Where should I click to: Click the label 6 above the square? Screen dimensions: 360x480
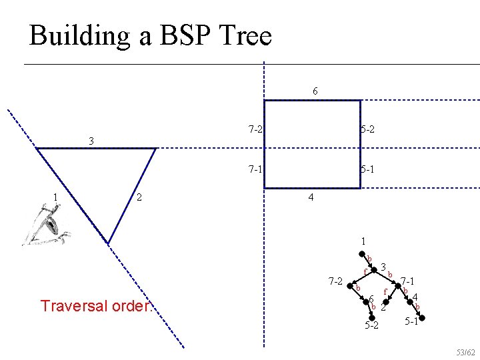click(315, 90)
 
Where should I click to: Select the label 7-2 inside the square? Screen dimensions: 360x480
click(254, 129)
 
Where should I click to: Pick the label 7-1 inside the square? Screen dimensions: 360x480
click(254, 169)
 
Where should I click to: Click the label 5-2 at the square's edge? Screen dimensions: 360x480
click(367, 129)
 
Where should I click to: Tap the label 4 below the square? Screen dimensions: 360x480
click(311, 198)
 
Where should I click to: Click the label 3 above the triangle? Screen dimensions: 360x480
click(91, 141)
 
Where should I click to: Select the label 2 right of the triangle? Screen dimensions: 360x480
click(138, 197)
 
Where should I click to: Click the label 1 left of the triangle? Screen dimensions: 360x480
click(55, 197)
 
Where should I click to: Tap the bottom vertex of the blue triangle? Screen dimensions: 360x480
click(108, 242)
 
